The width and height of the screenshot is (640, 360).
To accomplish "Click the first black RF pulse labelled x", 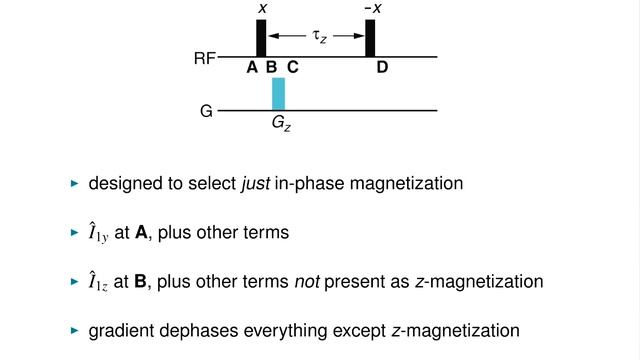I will pos(261,38).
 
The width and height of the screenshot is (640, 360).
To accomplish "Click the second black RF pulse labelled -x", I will pos(370,38).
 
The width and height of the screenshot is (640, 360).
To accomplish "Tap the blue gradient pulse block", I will pos(279,93).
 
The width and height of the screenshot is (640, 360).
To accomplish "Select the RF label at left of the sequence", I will pos(205,59).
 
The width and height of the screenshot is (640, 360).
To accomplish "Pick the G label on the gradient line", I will pos(206,111).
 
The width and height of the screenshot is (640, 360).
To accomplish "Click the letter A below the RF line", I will pos(252,68).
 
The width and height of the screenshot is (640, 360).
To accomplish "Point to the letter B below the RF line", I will pos(271,68).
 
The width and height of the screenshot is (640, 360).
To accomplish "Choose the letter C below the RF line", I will pos(292,68).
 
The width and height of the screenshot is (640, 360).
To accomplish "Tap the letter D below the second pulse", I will pos(382,68).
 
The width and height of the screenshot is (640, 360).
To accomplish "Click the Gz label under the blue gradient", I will pos(281,124).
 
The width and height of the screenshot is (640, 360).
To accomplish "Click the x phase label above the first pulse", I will pos(262,8).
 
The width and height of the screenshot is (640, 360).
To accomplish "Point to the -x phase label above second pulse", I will pos(371,8).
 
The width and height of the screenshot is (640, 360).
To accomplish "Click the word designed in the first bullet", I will pos(122,184).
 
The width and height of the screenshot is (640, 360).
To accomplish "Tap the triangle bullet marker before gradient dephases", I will pos(73,330).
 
